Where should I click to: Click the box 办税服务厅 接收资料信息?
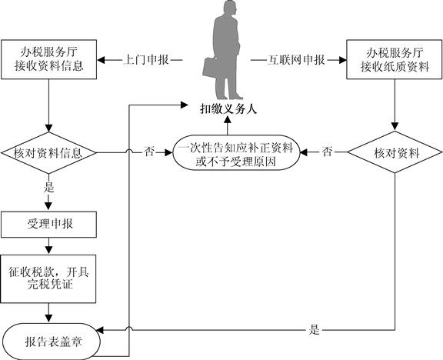[49, 59]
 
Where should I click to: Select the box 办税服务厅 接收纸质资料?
[395, 59]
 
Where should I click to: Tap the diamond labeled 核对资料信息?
[49, 153]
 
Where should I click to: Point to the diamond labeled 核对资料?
[395, 152]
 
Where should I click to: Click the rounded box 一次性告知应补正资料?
[236, 153]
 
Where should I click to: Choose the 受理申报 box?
[49, 225]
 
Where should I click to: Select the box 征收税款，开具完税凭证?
[48, 279]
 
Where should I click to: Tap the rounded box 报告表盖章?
[51, 342]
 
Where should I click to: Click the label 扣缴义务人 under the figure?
[228, 108]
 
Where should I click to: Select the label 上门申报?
[146, 60]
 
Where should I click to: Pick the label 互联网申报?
[296, 60]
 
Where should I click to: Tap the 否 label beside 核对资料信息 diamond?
[149, 152]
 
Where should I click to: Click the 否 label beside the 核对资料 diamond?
[327, 152]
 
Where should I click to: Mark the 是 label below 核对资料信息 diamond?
[48, 188]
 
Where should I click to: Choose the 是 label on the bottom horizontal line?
[314, 329]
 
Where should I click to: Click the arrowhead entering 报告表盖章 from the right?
[100, 330]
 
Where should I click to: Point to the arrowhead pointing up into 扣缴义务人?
[228, 119]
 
